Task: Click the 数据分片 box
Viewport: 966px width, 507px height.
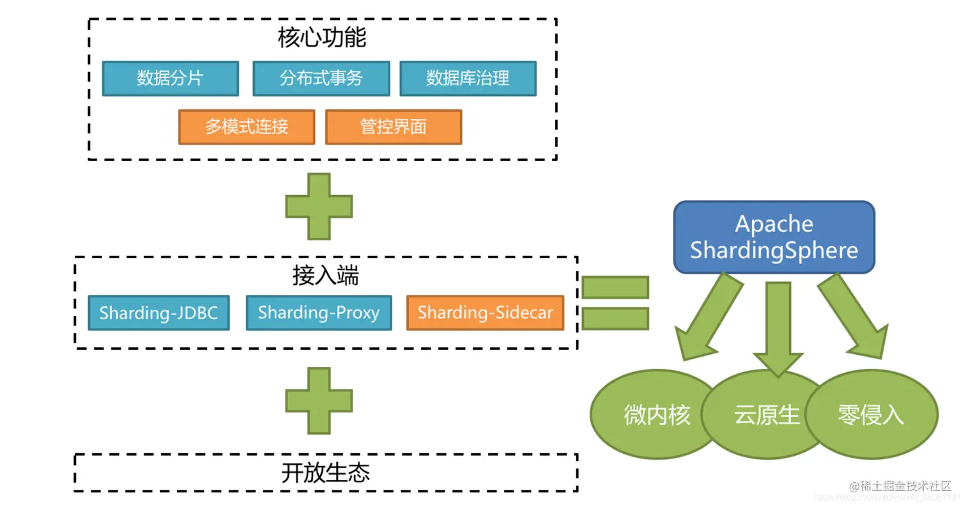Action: click(170, 79)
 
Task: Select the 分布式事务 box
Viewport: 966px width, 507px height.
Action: click(321, 79)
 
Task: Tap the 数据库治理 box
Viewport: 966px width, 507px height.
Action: click(468, 79)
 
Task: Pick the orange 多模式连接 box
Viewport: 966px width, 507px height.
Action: click(247, 127)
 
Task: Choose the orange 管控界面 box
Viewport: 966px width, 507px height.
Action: click(393, 127)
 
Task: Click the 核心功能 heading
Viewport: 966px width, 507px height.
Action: click(322, 38)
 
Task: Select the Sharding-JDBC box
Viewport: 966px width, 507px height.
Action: click(158, 313)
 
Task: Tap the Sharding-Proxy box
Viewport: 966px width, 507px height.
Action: click(318, 313)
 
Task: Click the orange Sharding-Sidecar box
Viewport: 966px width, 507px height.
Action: click(485, 313)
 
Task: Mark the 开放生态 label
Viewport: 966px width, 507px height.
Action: click(326, 473)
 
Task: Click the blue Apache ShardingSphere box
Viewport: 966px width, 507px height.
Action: click(774, 237)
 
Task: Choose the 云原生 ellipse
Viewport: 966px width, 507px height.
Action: click(767, 416)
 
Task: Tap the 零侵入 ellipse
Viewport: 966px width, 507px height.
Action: click(871, 416)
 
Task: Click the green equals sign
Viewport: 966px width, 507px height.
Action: click(615, 303)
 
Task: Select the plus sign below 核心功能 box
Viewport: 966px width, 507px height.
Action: click(319, 207)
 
